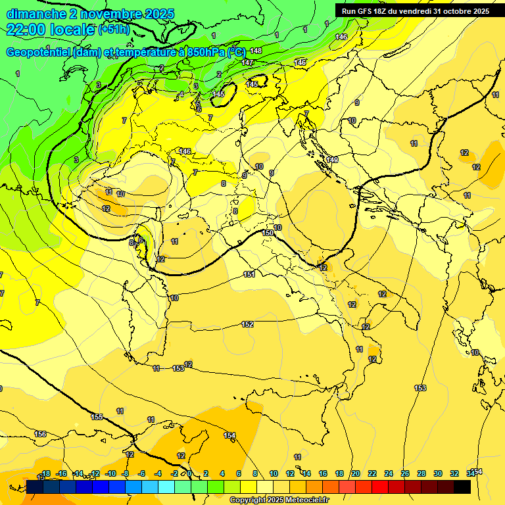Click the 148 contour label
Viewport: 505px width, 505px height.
pyautogui.click(x=256, y=51)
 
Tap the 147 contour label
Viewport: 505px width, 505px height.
pyautogui.click(x=247, y=62)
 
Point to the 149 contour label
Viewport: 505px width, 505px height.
pyautogui.click(x=332, y=160)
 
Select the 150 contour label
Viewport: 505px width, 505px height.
pyautogui.click(x=268, y=233)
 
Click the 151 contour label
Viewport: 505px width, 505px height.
pyautogui.click(x=249, y=274)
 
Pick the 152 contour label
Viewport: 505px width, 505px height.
pyautogui.click(x=247, y=324)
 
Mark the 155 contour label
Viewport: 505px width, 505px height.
pyautogui.click(x=97, y=417)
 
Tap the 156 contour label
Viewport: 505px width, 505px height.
pyautogui.click(x=40, y=434)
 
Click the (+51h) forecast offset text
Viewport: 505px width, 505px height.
pyautogui.click(x=114, y=30)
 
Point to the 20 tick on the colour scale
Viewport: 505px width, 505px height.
pyautogui.click(x=356, y=473)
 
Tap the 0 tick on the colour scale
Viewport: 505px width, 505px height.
pyautogui.click(x=189, y=473)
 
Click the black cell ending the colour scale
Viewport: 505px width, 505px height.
pyautogui.click(x=462, y=487)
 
